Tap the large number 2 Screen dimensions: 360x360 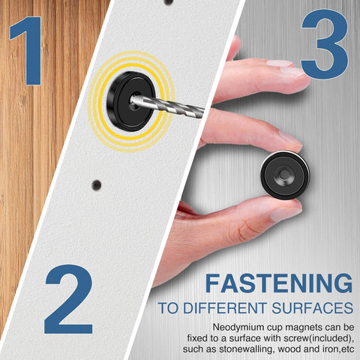(68, 299)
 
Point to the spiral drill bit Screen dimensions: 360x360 (176, 104)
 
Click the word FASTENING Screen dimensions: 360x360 (279, 283)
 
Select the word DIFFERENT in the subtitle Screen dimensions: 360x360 (223, 308)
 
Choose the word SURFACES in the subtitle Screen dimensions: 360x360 (313, 308)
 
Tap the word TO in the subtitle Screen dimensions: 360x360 (167, 308)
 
